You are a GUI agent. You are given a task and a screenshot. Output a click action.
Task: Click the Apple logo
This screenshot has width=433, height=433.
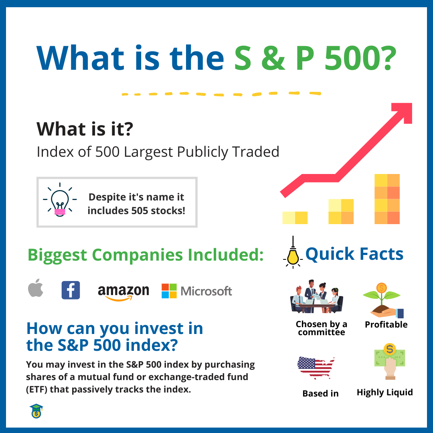coord(36,289)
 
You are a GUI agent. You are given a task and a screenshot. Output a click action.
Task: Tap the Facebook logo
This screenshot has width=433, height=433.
coord(71,290)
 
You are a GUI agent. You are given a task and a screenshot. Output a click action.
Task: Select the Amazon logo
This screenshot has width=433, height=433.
coord(123,291)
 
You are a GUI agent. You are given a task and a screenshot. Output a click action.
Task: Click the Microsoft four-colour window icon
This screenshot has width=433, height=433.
coord(169,291)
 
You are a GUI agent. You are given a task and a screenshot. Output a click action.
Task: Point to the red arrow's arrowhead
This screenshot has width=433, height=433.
coord(403,112)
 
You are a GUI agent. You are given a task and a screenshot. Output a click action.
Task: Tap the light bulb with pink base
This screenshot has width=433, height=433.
coord(59,201)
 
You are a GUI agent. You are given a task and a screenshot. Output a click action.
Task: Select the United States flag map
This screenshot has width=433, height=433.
coord(316,367)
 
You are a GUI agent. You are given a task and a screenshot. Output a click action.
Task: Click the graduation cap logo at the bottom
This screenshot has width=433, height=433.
coord(36,411)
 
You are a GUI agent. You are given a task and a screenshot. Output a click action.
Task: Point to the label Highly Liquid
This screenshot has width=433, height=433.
coord(384,393)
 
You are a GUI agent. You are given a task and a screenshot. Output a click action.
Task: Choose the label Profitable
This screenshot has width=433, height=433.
coord(386,325)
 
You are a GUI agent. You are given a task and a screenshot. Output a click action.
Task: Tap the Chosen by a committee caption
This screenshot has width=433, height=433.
coord(322,328)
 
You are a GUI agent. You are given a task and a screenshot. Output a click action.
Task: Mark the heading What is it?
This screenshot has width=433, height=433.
coord(85,129)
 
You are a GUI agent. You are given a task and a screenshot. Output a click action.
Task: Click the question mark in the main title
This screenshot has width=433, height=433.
coord(384,59)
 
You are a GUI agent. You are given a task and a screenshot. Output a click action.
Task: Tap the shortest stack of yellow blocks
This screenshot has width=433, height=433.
coord(295,217)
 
